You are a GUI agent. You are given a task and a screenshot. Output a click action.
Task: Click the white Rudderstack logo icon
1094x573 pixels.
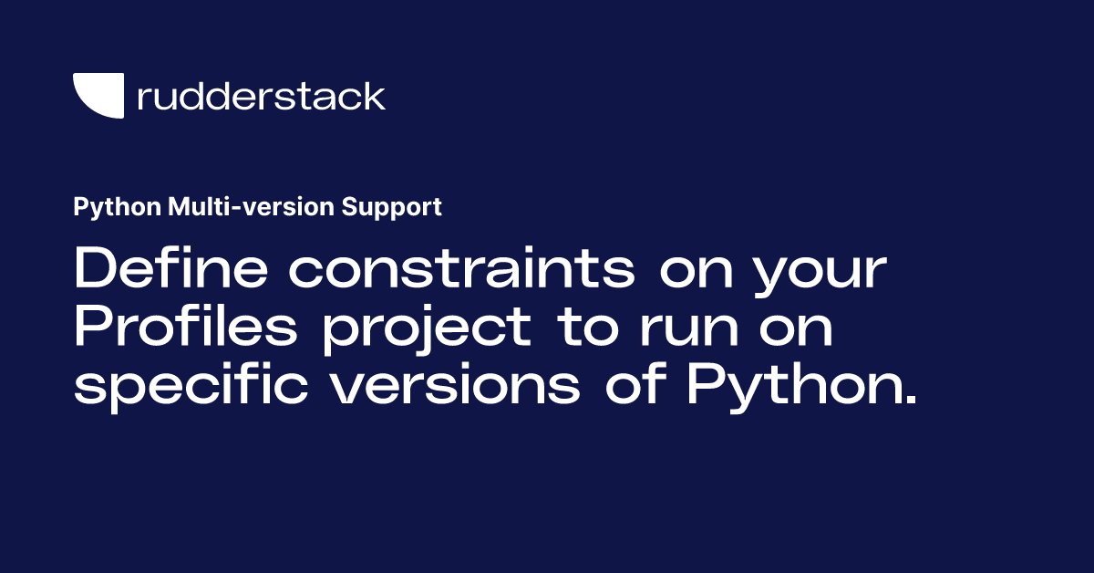pos(98,95)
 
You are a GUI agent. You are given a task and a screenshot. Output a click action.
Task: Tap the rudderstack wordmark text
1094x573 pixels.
pos(261,96)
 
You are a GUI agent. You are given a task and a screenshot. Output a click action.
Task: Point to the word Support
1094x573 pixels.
pos(392,207)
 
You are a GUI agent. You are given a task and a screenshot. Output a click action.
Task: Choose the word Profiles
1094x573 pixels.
pos(185,328)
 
